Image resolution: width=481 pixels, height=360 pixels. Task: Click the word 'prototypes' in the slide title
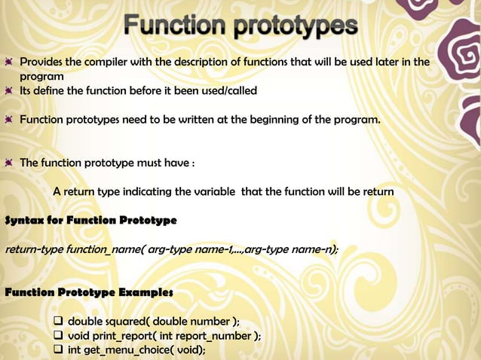click(296, 27)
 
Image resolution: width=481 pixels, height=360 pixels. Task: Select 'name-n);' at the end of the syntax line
click(316, 249)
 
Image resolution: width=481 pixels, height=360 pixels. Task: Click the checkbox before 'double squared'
click(59, 322)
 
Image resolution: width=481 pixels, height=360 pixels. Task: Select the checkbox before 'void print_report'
click(59, 336)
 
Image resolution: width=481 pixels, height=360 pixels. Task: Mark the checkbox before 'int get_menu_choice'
click(59, 349)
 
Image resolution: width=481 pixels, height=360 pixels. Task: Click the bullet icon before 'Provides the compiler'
click(8, 62)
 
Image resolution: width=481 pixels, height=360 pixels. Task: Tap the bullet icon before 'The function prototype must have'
click(8, 162)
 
